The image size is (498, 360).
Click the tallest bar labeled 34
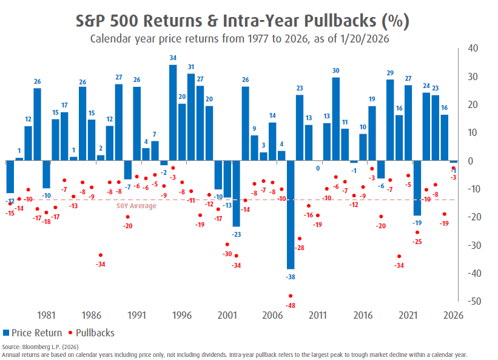point(173,112)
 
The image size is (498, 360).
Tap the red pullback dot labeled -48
point(291,296)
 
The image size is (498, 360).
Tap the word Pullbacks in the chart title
point(323,22)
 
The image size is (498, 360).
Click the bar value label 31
point(191,67)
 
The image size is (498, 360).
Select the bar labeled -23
point(237,193)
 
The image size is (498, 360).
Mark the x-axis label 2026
point(453,316)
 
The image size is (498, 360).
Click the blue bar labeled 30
point(336,118)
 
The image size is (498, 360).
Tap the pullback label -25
point(417,242)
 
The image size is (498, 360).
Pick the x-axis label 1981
point(47,316)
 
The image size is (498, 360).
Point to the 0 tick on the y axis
point(471,161)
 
